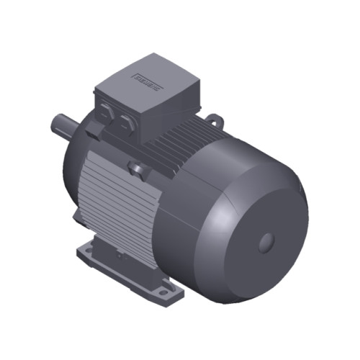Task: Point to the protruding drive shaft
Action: [x=62, y=123]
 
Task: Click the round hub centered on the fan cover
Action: [x=268, y=240]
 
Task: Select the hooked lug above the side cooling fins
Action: [x=135, y=169]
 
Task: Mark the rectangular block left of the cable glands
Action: [x=94, y=131]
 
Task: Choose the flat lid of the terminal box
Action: [x=148, y=76]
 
